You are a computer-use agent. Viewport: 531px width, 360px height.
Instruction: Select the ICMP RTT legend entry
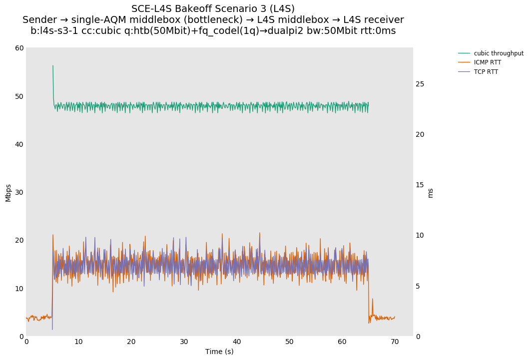487,62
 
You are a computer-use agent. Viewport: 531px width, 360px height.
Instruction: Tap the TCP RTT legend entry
486,72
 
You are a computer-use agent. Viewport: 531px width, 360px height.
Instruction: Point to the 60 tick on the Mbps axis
19,48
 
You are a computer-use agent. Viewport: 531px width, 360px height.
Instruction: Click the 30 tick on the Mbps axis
19,192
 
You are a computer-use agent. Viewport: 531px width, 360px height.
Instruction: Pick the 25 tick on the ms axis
420,84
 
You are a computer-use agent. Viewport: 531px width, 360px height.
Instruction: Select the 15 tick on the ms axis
420,185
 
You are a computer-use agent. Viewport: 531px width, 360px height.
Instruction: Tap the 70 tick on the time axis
395,342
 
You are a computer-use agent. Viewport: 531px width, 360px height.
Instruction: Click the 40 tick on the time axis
237,342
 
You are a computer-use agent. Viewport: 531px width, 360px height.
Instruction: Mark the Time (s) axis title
219,352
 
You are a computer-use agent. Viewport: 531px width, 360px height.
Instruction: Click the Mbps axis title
8,192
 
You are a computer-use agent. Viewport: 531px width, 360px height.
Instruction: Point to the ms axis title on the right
431,192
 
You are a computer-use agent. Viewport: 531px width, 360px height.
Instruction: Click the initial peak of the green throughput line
53,65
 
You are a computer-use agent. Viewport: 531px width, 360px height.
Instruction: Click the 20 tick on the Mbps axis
19,240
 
